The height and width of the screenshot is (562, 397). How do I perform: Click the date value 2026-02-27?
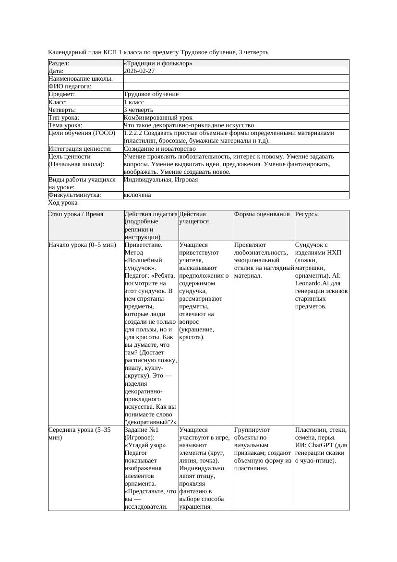[x=139, y=71]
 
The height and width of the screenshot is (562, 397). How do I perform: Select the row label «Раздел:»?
[x=59, y=63]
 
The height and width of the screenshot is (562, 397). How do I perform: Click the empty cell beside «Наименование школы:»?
[x=236, y=79]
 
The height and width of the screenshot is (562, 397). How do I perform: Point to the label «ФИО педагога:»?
[x=70, y=86]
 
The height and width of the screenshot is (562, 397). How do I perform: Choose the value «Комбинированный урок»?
[x=158, y=118]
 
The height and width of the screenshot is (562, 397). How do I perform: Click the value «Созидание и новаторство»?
[x=159, y=149]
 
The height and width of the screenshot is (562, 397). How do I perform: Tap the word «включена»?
[x=137, y=195]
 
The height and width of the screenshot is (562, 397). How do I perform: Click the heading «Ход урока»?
[x=63, y=203]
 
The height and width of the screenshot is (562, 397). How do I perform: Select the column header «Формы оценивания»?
[x=262, y=214]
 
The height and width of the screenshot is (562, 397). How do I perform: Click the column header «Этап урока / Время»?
[x=76, y=214]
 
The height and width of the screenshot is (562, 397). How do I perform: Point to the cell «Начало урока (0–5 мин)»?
[x=83, y=245]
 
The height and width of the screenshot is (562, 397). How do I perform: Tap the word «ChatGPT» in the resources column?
[x=323, y=445]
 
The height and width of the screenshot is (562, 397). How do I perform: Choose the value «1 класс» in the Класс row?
[x=134, y=102]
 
